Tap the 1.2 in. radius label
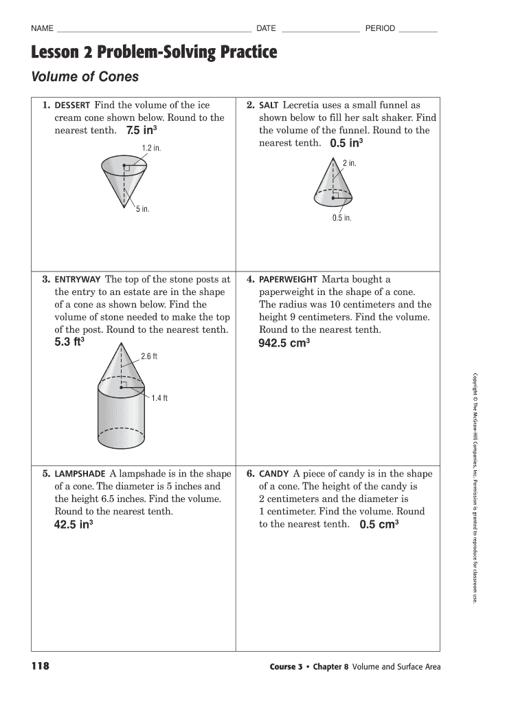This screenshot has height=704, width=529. [151, 148]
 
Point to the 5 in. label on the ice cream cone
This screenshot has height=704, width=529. [142, 209]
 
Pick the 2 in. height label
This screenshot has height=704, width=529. [350, 163]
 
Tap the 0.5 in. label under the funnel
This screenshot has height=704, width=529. [341, 218]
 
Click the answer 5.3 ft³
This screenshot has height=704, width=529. [69, 342]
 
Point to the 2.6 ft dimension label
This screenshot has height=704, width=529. [149, 356]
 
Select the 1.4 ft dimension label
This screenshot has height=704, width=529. [159, 398]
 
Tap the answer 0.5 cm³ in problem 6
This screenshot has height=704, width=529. [379, 525]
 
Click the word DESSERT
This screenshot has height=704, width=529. [72, 106]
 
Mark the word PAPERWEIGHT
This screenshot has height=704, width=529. [289, 280]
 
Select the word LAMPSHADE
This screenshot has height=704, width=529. [80, 474]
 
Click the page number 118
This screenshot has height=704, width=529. [41, 665]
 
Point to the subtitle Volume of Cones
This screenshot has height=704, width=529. [85, 77]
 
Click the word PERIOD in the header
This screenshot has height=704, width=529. [380, 28]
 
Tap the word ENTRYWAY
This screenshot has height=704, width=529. [78, 280]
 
